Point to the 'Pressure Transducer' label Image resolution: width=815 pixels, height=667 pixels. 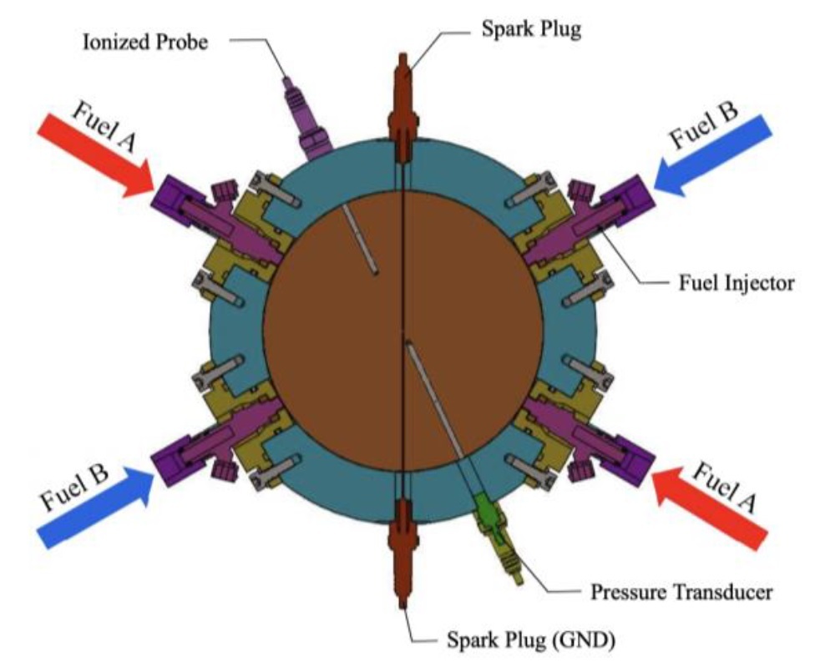(681, 592)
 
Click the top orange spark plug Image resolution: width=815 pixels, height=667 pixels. (403, 104)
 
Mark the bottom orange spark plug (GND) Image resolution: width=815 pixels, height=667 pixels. (403, 555)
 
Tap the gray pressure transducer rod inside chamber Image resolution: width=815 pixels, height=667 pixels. (434, 401)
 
